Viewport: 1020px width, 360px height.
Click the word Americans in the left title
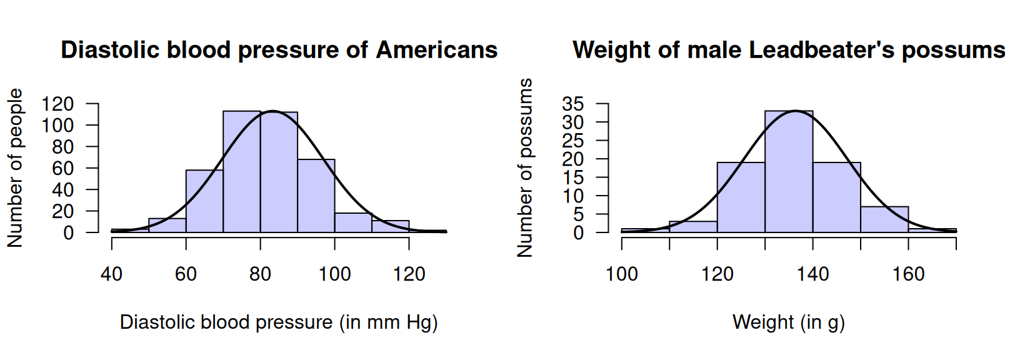point(436,50)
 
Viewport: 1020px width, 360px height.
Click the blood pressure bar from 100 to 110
point(353,223)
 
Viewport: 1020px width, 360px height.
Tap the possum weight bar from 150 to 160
point(884,219)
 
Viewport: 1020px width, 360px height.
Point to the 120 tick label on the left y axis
point(57,104)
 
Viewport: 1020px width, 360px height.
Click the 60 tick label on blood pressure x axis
point(186,274)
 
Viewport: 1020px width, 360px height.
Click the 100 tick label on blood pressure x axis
point(334,274)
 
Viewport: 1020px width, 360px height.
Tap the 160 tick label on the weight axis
point(908,274)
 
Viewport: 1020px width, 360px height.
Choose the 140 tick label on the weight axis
point(812,274)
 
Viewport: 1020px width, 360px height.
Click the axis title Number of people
point(15,167)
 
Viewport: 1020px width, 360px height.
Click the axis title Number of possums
point(526,167)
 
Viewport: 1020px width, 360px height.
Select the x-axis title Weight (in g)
point(789,322)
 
